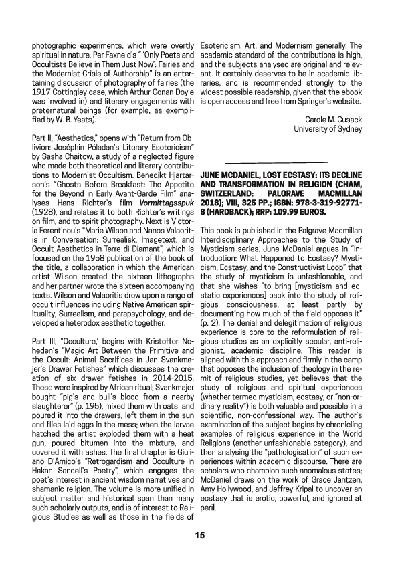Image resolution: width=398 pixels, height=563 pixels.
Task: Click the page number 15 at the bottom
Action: pyautogui.click(x=199, y=535)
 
